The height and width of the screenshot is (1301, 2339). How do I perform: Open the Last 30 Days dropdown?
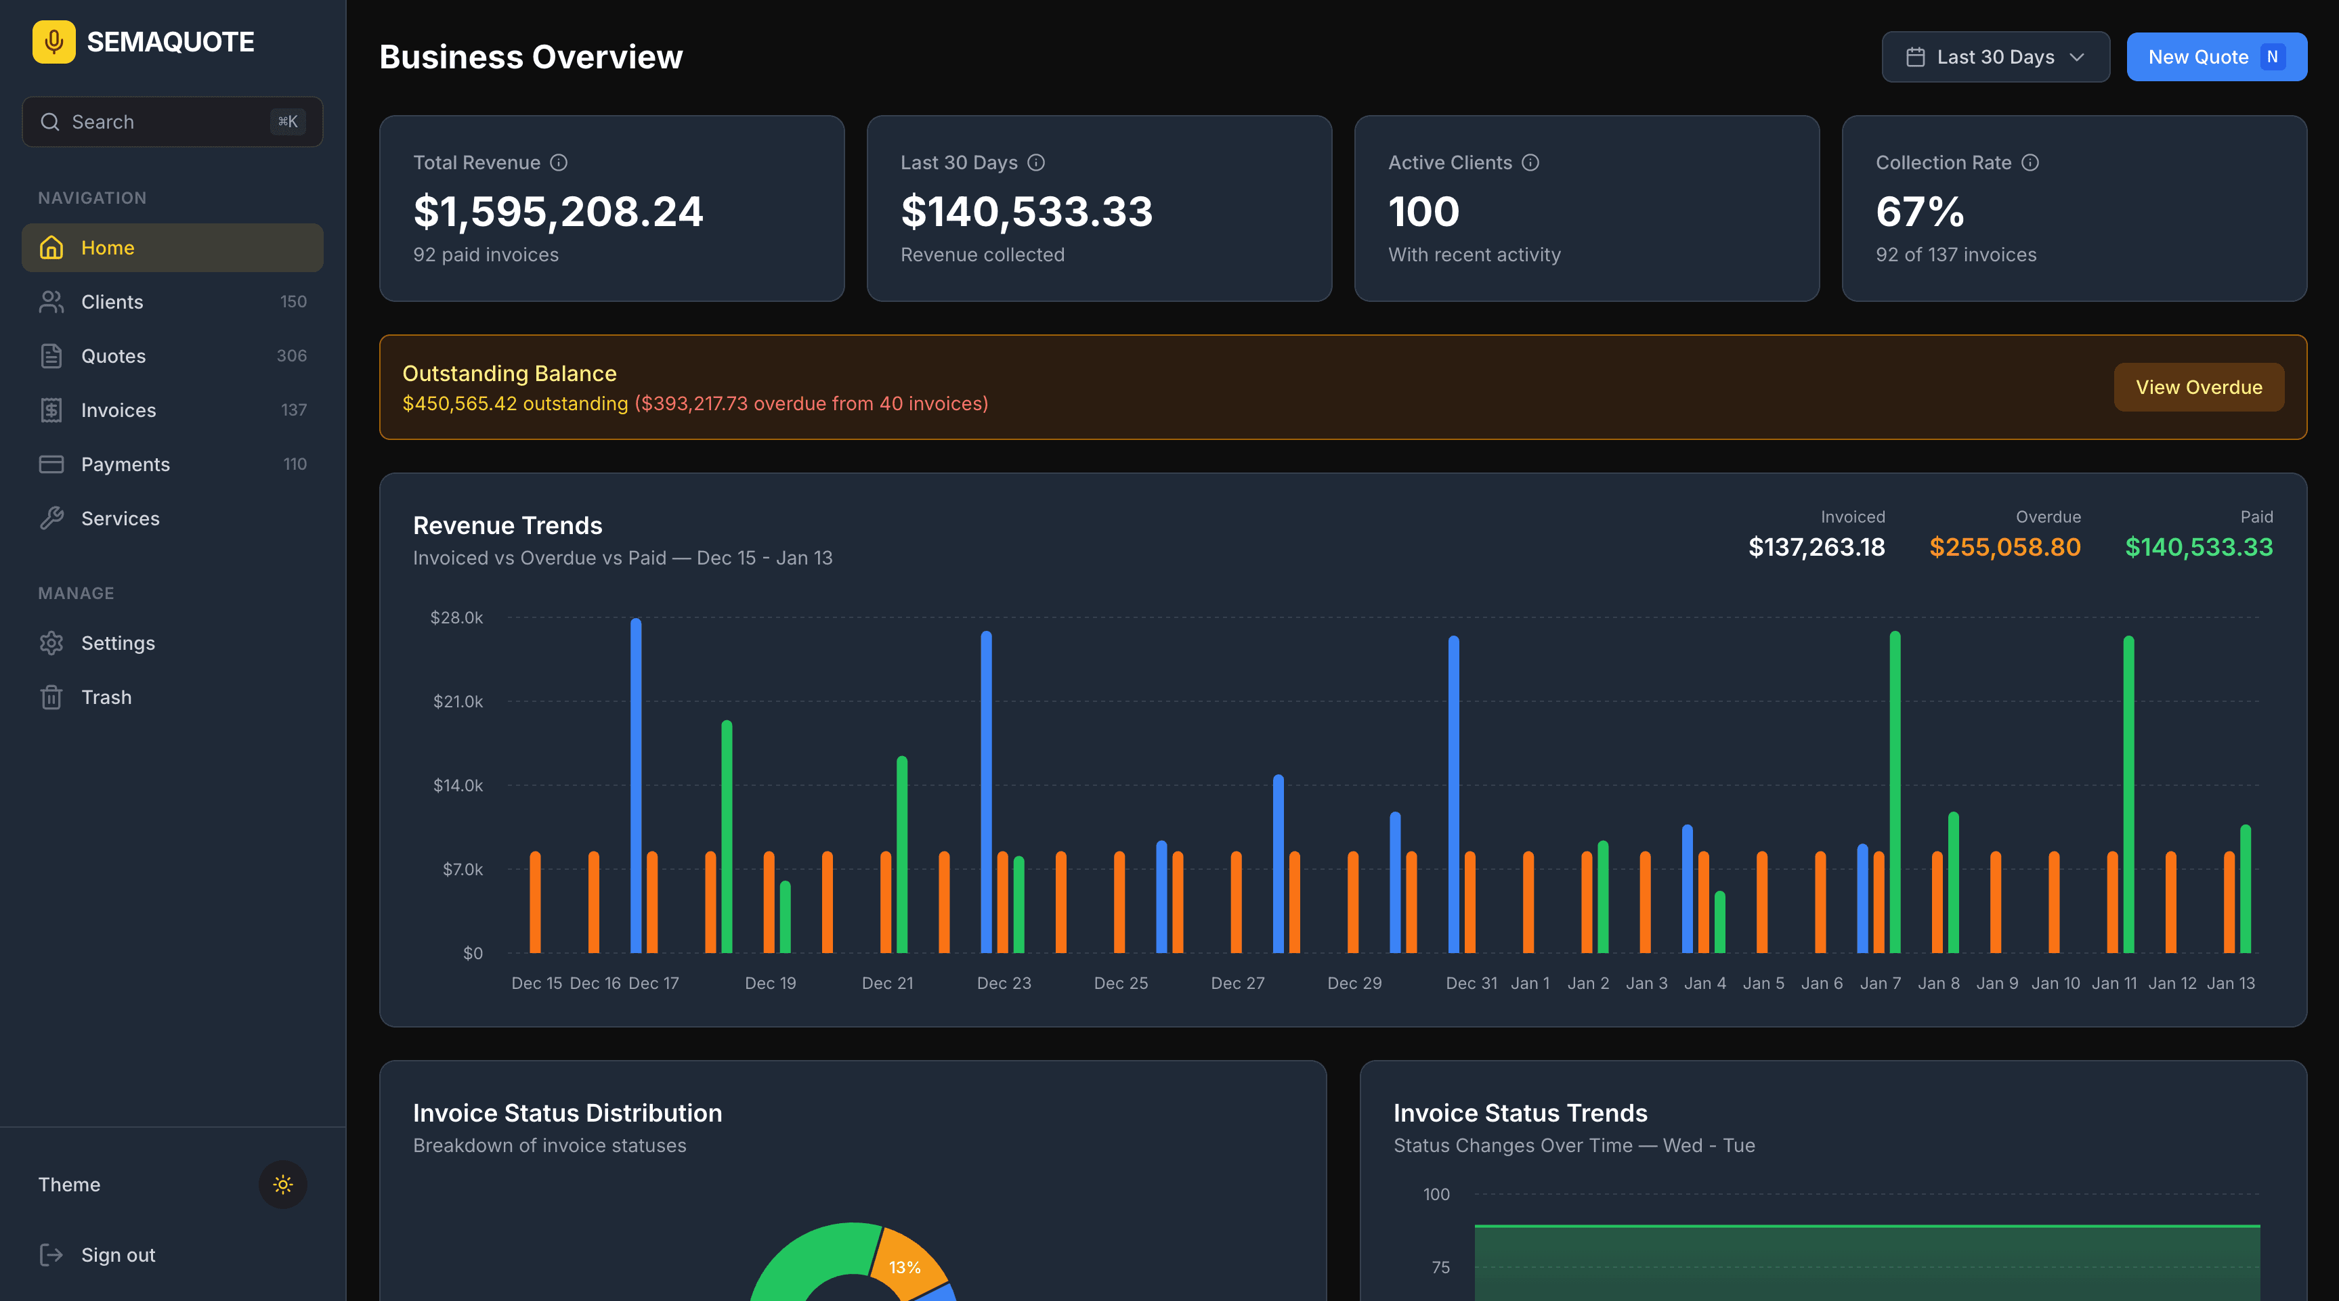pyautogui.click(x=1995, y=57)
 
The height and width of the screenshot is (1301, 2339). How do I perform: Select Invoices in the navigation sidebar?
pyautogui.click(x=118, y=410)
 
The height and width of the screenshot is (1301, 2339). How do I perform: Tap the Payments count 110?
pyautogui.click(x=294, y=464)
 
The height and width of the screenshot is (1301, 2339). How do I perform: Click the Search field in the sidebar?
pyautogui.click(x=163, y=122)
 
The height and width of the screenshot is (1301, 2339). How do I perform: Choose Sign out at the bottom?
pyautogui.click(x=118, y=1255)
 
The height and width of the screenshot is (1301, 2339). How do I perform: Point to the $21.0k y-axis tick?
pyautogui.click(x=458, y=701)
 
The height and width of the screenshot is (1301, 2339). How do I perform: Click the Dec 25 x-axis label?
pyautogui.click(x=1121, y=984)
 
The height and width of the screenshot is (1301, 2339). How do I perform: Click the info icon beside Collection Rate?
pyautogui.click(x=2030, y=162)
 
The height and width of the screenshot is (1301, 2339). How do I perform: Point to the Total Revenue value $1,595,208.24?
pyautogui.click(x=557, y=212)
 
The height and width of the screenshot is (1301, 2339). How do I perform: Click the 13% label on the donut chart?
pyautogui.click(x=904, y=1267)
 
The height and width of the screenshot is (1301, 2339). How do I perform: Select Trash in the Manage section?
pyautogui.click(x=106, y=697)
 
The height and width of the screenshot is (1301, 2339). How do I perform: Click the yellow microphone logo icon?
pyautogui.click(x=53, y=42)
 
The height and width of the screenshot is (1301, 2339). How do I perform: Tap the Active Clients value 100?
pyautogui.click(x=1423, y=212)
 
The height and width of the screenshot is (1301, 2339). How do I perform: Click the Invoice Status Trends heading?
pyautogui.click(x=1520, y=1113)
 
